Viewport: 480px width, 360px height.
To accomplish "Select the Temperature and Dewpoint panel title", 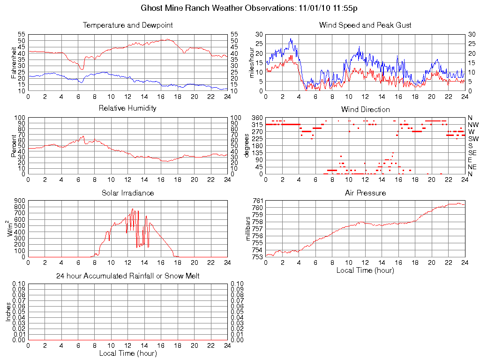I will pyautogui.click(x=127, y=25).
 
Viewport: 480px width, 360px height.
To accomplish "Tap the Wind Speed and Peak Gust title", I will pyautogui.click(x=365, y=25).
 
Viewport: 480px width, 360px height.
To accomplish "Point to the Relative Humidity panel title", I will pyautogui.click(x=127, y=108).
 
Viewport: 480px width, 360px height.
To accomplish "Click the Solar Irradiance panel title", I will pyautogui.click(x=127, y=193).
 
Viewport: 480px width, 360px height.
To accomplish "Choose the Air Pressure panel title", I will pyautogui.click(x=365, y=193).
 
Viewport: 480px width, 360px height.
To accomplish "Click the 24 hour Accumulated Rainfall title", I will pyautogui.click(x=127, y=276).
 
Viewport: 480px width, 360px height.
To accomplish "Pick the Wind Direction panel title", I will pyautogui.click(x=365, y=109).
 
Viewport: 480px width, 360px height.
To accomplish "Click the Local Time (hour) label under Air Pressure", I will pyautogui.click(x=365, y=270).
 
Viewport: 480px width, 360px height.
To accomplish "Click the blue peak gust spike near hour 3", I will pyautogui.click(x=291, y=39).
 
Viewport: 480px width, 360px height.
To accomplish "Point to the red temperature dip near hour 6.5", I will pyautogui.click(x=82, y=69).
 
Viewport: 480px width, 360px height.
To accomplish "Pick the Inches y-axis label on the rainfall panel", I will pyautogui.click(x=8, y=312).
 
